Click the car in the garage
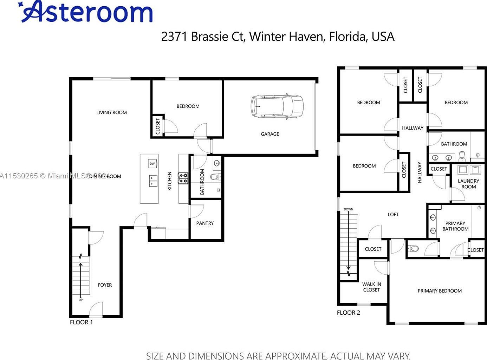click(277, 106)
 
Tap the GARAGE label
click(270, 134)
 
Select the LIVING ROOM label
click(111, 112)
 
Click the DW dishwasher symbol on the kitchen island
click(152, 164)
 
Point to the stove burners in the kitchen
click(183, 178)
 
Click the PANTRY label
click(205, 223)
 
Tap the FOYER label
click(105, 285)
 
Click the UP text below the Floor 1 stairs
click(80, 300)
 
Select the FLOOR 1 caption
click(81, 322)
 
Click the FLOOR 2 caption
click(348, 313)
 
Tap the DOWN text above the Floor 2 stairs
click(348, 209)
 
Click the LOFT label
click(393, 214)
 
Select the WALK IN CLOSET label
click(371, 287)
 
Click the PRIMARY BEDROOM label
click(440, 291)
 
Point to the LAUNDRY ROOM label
click(468, 184)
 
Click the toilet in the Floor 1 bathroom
click(214, 177)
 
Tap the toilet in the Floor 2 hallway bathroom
click(462, 155)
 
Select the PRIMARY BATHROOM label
click(455, 226)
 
